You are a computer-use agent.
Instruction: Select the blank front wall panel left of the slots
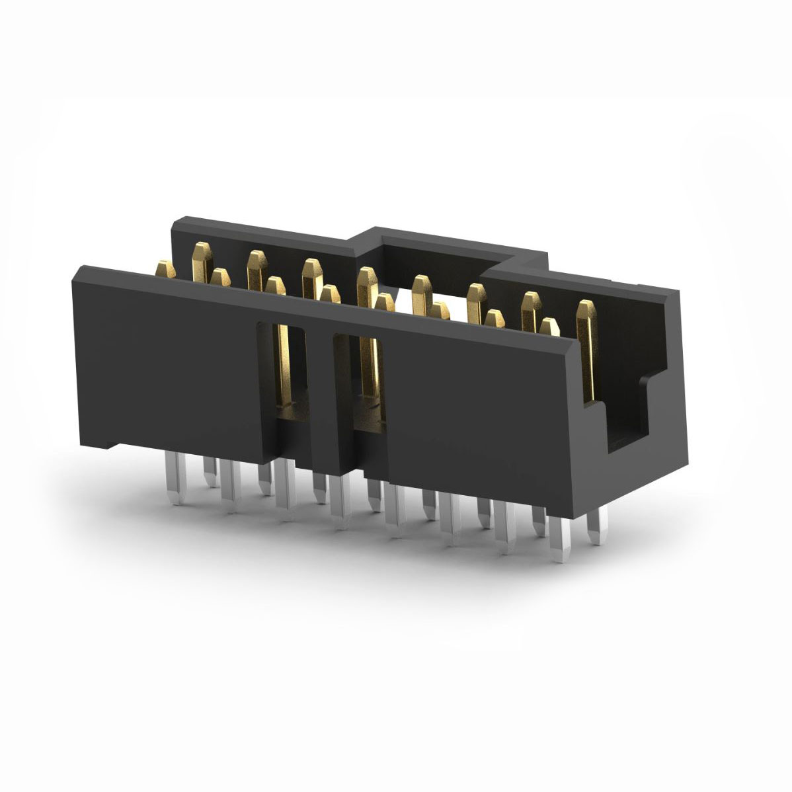(x=165, y=364)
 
